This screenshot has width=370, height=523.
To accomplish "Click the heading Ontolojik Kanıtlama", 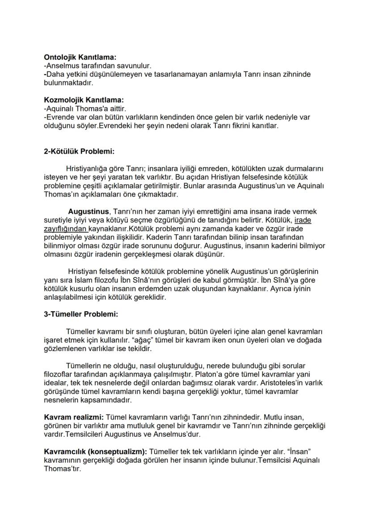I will pyautogui.click(x=80, y=57).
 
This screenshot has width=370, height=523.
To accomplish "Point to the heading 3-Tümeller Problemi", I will pyautogui.click(x=81, y=314).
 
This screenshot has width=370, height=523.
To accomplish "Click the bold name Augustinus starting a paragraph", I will pyautogui.click(x=88, y=211).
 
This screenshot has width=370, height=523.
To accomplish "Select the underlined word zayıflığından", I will pyautogui.click(x=61, y=229).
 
